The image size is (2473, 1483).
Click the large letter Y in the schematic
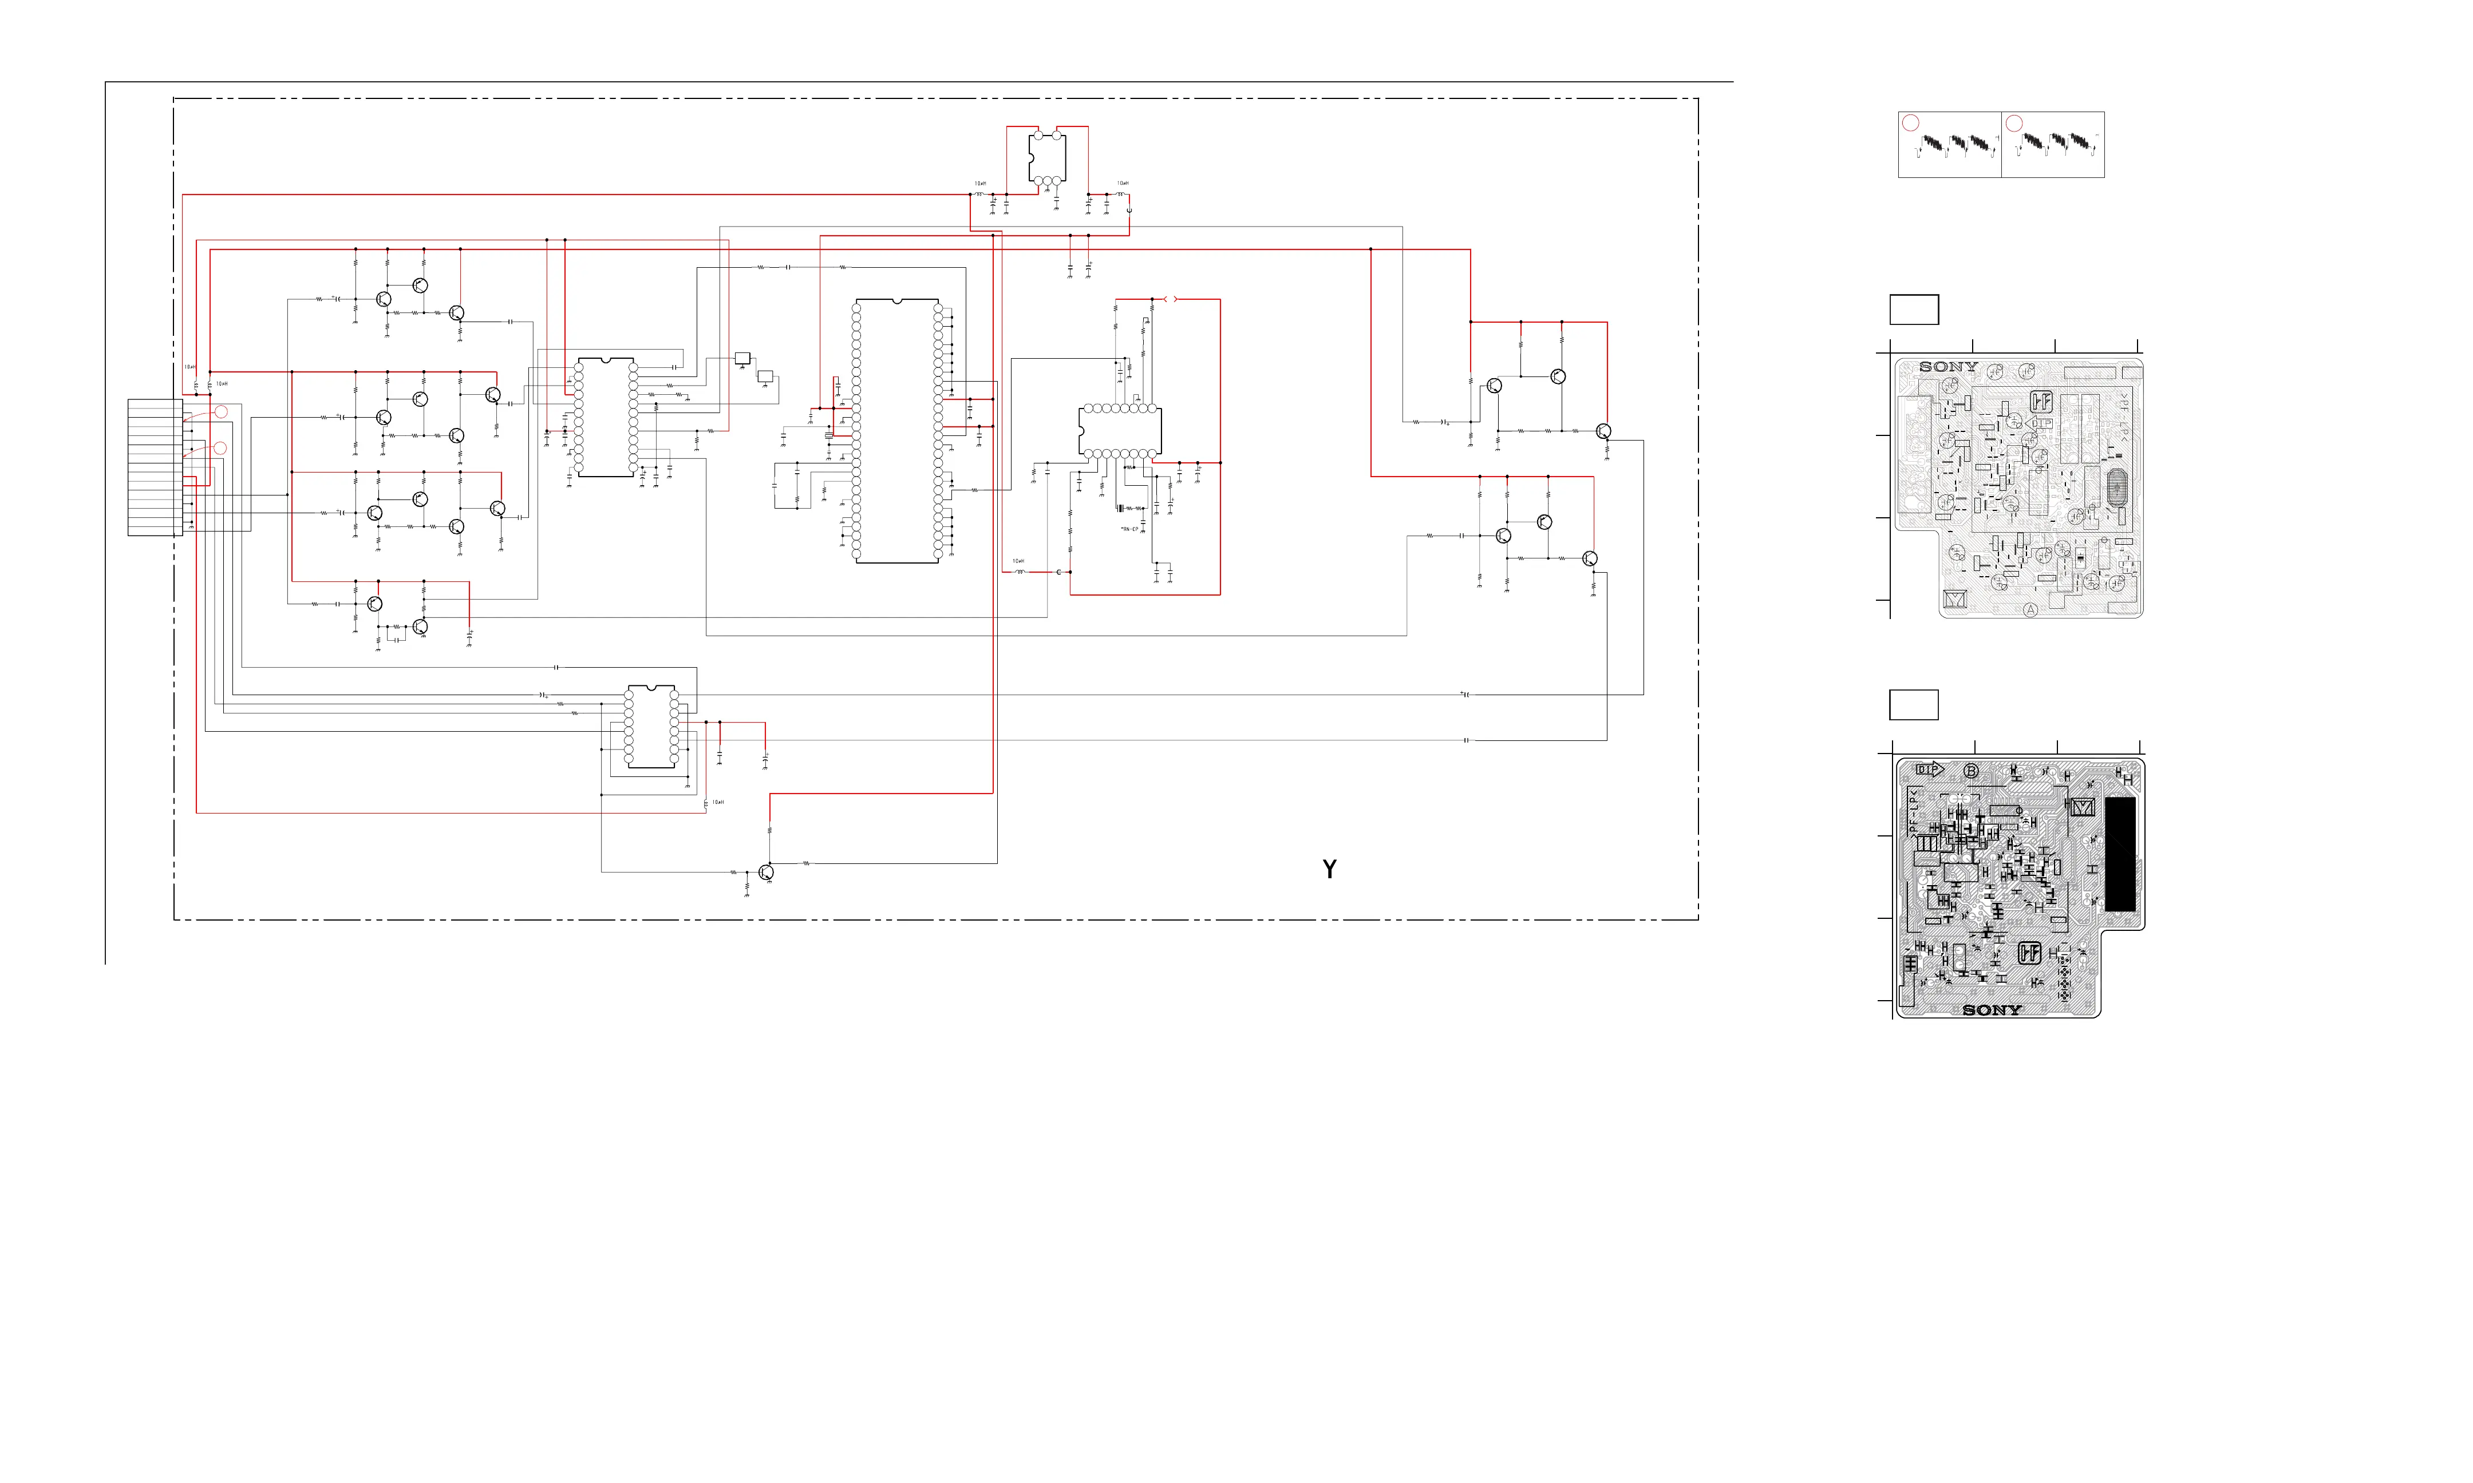[x=1329, y=870]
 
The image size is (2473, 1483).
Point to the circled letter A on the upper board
[x=2030, y=609]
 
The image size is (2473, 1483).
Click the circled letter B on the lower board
[x=1971, y=771]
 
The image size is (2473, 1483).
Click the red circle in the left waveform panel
[x=1910, y=123]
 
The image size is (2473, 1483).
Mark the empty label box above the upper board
[x=1913, y=309]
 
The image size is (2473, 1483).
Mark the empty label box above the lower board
[x=1913, y=704]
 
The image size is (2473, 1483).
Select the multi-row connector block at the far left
[x=155, y=467]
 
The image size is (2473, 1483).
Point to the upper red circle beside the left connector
[x=221, y=412]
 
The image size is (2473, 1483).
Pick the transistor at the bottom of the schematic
[x=766, y=873]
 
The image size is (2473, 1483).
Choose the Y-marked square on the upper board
[x=1954, y=600]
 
